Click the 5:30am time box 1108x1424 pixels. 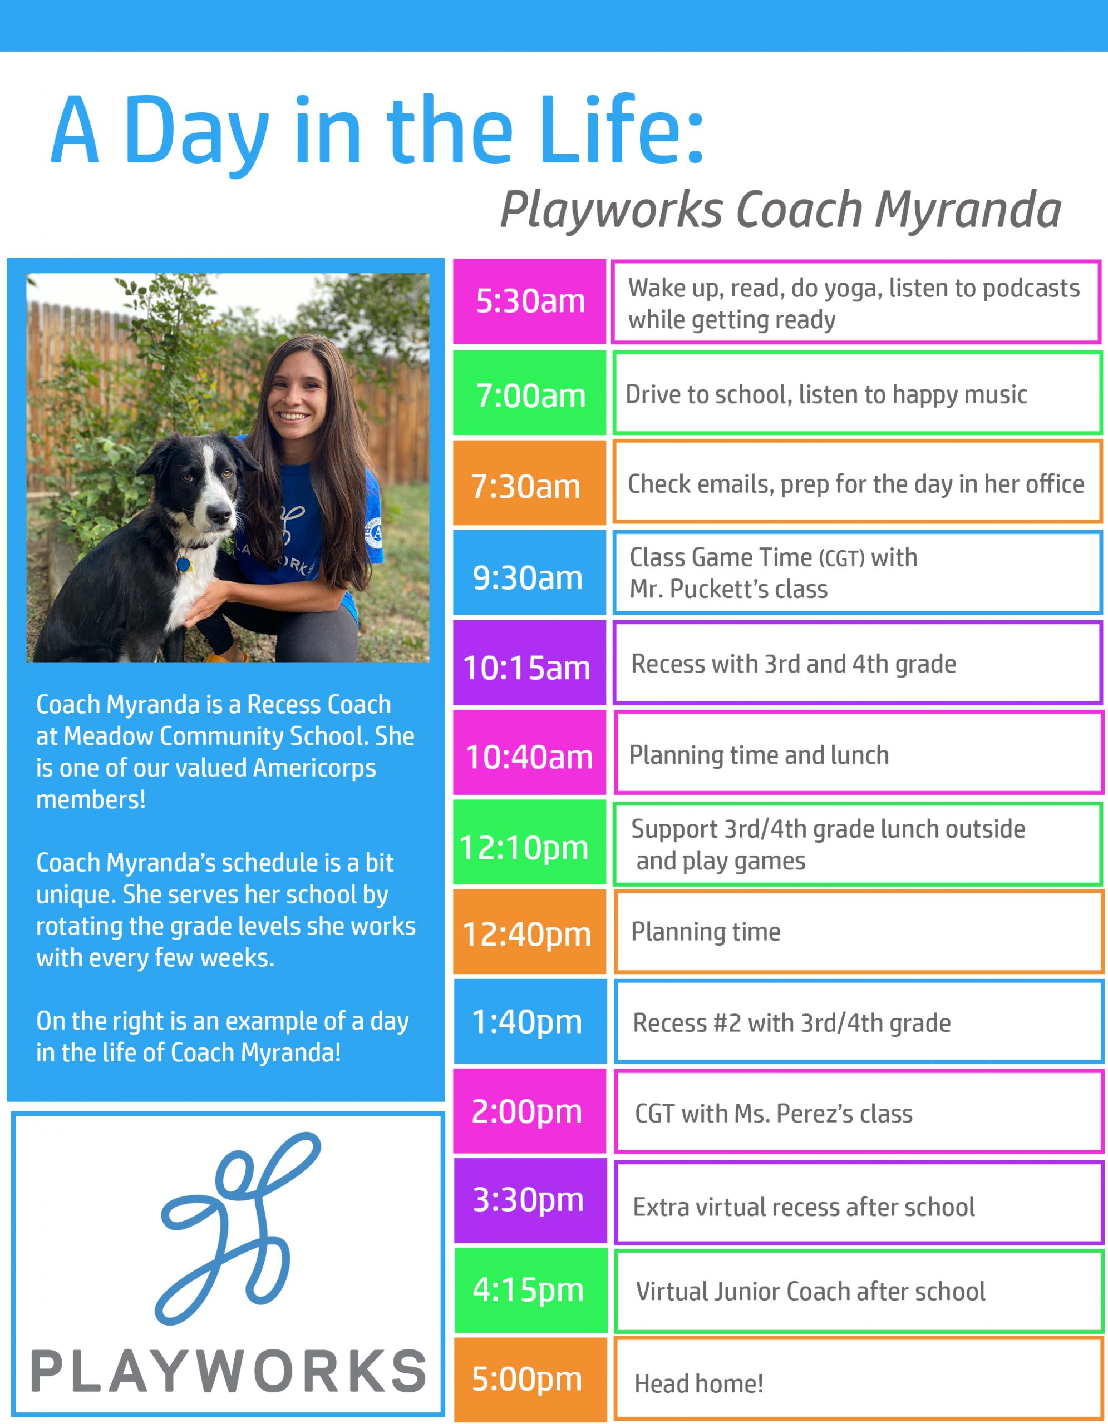point(530,301)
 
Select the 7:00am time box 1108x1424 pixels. point(530,393)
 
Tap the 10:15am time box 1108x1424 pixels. point(530,663)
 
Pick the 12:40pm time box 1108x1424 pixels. point(530,932)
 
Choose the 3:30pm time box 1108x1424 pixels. point(530,1200)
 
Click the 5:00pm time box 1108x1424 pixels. point(530,1379)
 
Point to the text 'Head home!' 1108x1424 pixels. point(698,1383)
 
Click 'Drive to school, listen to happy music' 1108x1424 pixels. point(826,394)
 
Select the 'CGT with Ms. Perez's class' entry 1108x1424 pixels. point(774,1114)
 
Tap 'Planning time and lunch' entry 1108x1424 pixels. point(759,755)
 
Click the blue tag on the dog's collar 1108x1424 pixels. point(184,563)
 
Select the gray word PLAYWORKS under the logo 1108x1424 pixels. point(228,1371)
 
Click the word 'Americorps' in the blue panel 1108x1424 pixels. point(314,768)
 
